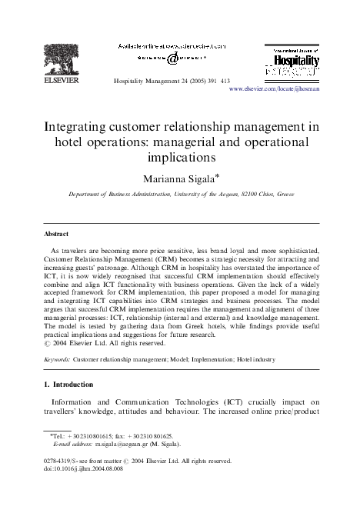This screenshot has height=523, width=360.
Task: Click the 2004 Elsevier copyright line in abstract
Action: (x=104, y=343)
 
